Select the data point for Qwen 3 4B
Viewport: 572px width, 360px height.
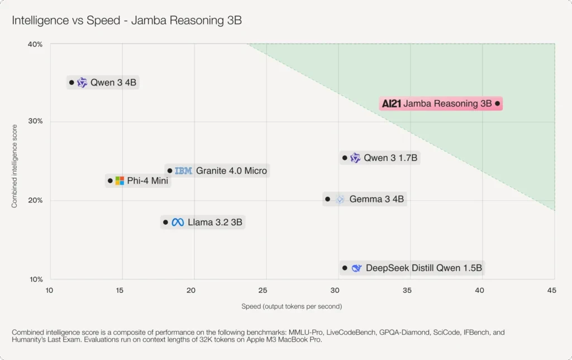[x=71, y=83]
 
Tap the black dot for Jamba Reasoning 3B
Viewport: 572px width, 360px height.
[x=498, y=103]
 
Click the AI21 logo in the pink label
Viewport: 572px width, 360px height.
[x=392, y=103]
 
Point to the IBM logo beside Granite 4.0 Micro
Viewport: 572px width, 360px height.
[x=183, y=170]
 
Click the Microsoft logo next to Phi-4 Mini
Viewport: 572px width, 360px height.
[x=120, y=181]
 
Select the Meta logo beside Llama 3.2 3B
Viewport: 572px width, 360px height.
[x=178, y=222]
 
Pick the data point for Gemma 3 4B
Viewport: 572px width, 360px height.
[x=328, y=199]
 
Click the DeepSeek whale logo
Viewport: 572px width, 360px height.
[x=356, y=268]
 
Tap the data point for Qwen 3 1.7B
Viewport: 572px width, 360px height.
[x=345, y=158]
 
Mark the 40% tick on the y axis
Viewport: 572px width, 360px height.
[x=35, y=44]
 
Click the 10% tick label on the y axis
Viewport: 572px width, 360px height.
[x=35, y=280]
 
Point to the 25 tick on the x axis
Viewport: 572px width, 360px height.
[x=263, y=290]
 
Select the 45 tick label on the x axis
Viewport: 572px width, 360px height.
[x=551, y=290]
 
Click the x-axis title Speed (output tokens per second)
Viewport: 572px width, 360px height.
[x=292, y=306]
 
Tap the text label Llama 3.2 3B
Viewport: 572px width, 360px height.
[x=215, y=222]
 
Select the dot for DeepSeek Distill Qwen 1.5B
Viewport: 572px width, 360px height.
[x=345, y=268]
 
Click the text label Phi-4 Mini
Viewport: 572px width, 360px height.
[x=147, y=181]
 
